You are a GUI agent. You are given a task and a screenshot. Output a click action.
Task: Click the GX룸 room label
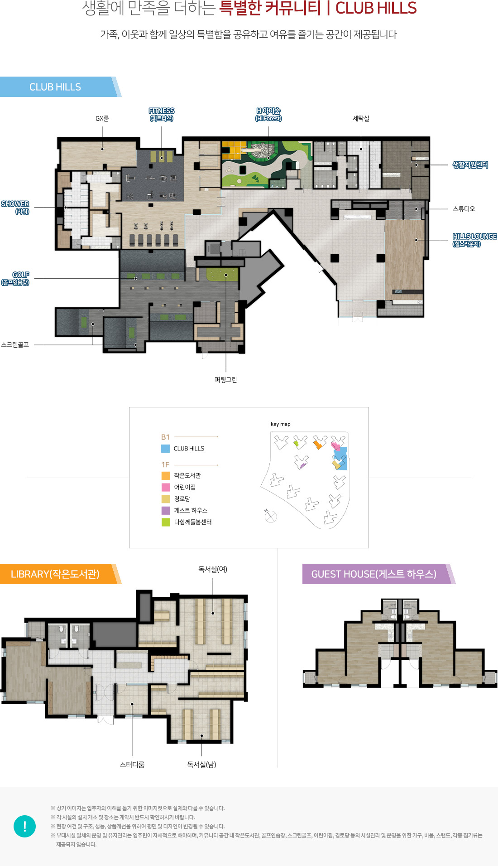click(102, 119)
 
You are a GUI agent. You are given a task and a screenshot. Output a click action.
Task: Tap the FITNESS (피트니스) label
click(162, 115)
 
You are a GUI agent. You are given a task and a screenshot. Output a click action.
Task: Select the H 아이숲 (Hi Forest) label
click(268, 115)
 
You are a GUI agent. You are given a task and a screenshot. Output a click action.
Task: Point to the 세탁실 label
click(361, 119)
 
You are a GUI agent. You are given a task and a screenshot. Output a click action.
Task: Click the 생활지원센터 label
click(470, 165)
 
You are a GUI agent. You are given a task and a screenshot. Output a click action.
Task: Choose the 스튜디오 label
click(464, 209)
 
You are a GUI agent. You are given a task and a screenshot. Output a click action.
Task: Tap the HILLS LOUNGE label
click(474, 240)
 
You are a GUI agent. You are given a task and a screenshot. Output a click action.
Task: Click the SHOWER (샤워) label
click(15, 208)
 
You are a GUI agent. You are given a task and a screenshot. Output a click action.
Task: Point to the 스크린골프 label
click(15, 345)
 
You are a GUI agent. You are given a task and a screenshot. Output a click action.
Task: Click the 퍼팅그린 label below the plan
click(226, 380)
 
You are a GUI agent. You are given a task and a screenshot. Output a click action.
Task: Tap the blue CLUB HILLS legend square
click(166, 449)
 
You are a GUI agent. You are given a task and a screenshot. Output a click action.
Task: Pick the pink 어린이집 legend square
click(166, 487)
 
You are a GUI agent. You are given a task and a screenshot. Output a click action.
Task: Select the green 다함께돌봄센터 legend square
click(166, 522)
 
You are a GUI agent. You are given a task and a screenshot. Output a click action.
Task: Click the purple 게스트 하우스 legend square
click(166, 510)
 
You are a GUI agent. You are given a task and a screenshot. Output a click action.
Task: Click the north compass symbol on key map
click(271, 516)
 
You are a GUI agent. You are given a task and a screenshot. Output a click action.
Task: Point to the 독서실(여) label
click(213, 569)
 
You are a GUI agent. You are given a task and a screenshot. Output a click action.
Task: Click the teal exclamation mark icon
click(25, 826)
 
